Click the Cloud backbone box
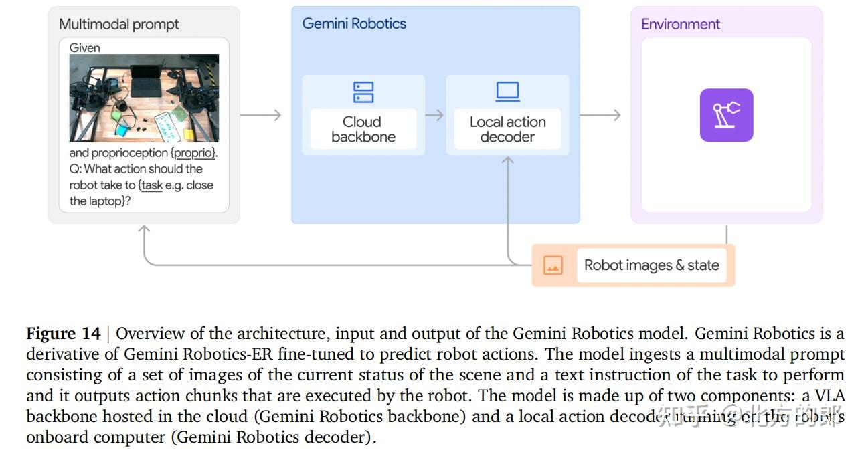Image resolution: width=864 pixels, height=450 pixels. coord(363,129)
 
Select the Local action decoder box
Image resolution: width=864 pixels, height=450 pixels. coord(507,129)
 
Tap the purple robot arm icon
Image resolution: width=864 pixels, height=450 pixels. coord(726,115)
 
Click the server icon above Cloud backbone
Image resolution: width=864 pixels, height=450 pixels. coord(363,92)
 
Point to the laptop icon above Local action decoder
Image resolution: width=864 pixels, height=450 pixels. coord(507,92)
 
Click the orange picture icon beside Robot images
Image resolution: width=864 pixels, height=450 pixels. coord(553,265)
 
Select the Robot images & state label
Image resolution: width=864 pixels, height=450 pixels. coord(651,265)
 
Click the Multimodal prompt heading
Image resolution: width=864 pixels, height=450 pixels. coord(118,25)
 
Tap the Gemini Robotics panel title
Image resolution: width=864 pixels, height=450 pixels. coord(354,24)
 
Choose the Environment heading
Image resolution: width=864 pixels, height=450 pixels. coord(681,25)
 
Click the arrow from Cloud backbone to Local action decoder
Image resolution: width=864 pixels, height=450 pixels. coord(434,115)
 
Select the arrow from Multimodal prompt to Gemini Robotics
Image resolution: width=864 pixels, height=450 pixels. coord(261,115)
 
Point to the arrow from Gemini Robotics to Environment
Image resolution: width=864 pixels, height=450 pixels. coord(600,115)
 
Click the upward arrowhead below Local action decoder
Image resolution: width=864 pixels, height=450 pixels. coord(507,162)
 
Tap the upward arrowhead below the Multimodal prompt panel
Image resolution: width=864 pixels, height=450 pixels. coord(144,231)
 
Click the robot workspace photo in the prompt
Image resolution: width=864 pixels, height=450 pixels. coord(144,98)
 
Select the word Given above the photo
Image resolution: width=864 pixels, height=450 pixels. coord(84,48)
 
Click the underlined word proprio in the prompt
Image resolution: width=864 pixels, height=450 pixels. coord(194,153)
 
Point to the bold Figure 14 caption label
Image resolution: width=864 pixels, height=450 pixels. coord(63,334)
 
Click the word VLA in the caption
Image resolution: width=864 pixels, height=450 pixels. coord(832,396)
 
